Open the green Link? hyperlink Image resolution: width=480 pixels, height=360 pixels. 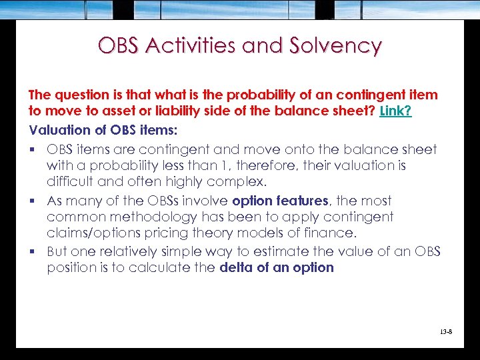(395, 111)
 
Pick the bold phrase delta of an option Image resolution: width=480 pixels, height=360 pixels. (276, 267)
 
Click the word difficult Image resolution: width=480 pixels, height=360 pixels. (70, 181)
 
